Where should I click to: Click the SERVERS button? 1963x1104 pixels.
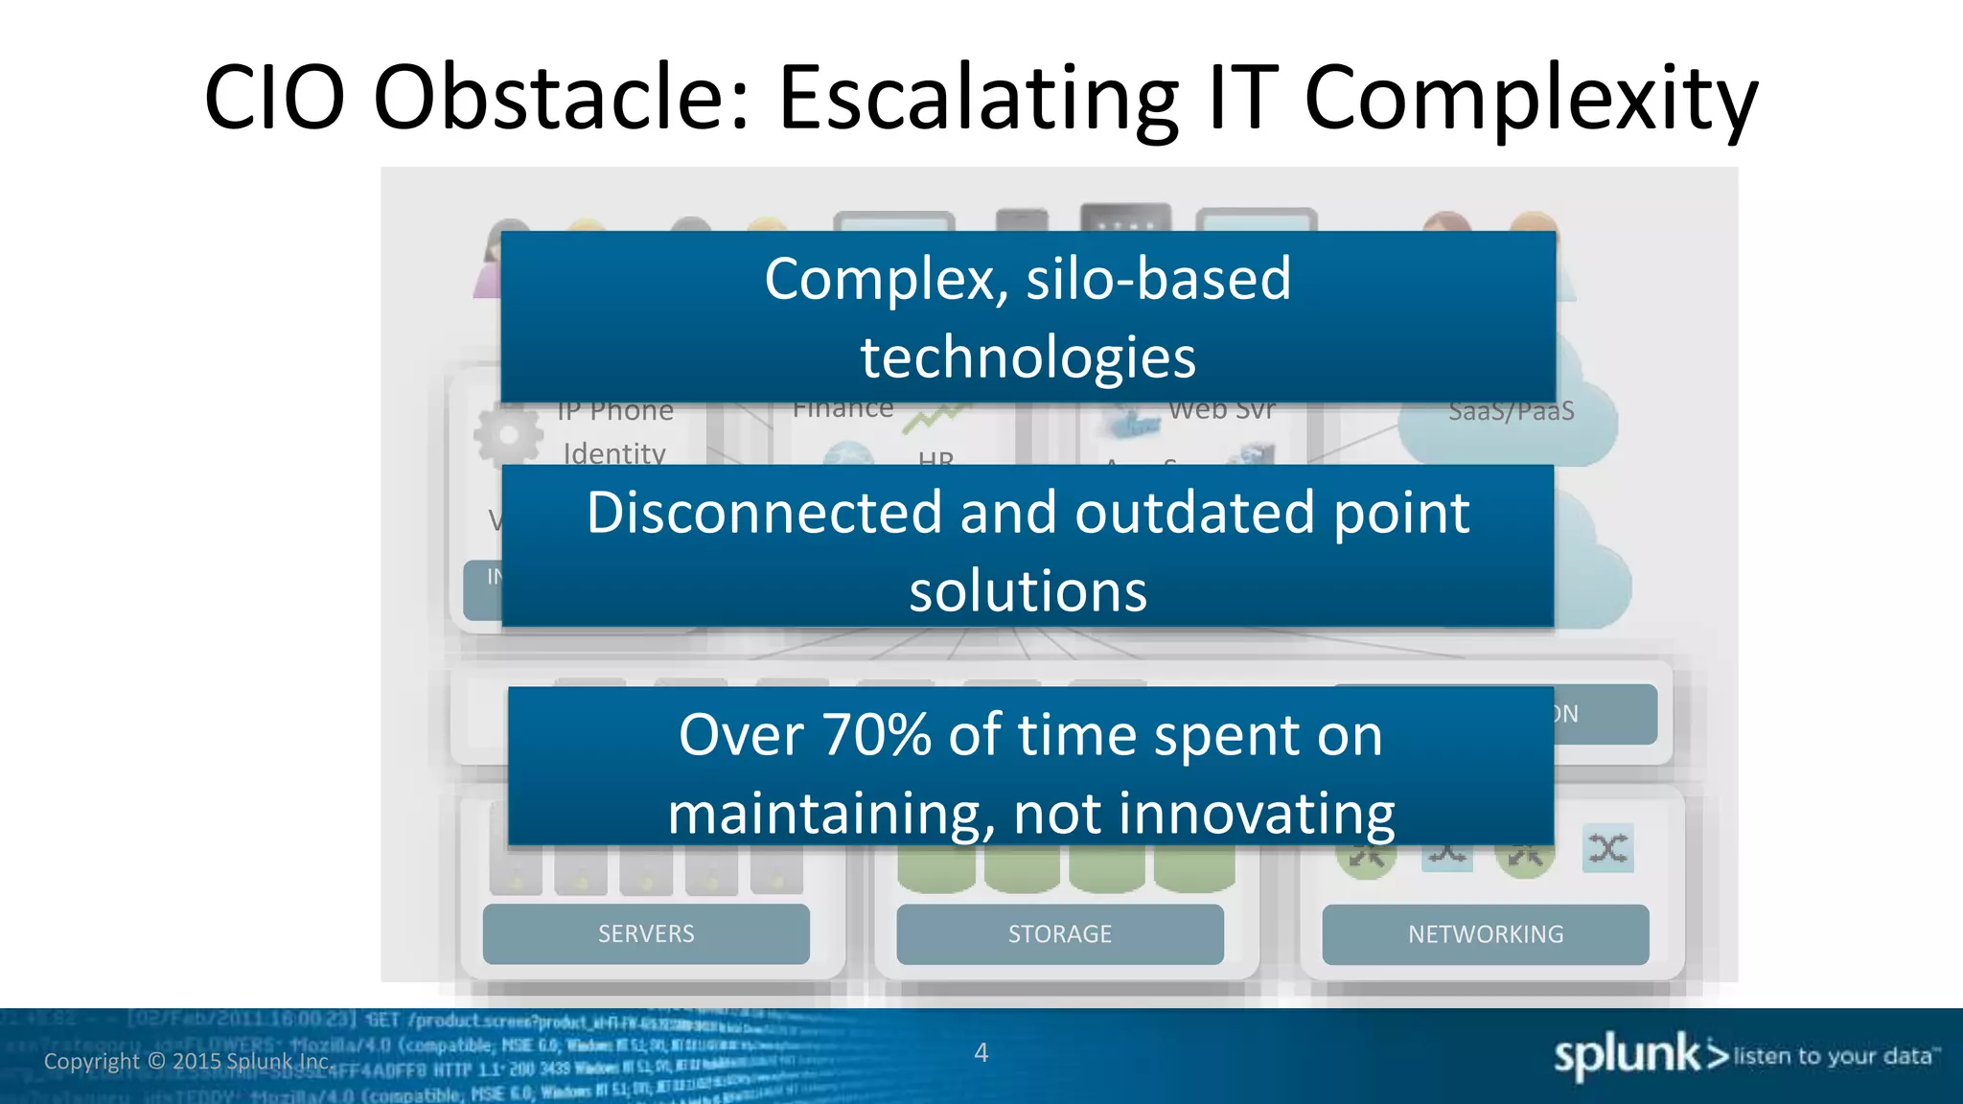coord(646,933)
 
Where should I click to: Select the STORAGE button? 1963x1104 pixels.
coord(1059,933)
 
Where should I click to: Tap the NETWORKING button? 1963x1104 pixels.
coord(1485,933)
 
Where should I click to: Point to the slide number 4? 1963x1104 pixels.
coord(981,1052)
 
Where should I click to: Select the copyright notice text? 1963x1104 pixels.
coord(188,1061)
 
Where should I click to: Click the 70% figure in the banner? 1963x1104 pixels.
coord(876,735)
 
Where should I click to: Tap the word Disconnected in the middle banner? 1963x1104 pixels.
coord(765,513)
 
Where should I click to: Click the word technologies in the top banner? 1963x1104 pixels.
coord(1028,357)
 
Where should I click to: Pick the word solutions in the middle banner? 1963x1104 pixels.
coord(1028,591)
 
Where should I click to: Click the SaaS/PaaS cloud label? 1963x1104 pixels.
coord(1511,411)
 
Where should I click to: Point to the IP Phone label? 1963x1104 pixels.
coord(615,411)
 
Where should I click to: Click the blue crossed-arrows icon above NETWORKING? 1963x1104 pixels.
coord(1607,847)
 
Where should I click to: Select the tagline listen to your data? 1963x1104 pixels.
coord(1832,1056)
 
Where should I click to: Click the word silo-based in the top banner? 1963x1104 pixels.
coord(1158,279)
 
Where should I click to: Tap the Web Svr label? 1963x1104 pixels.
coord(1221,410)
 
